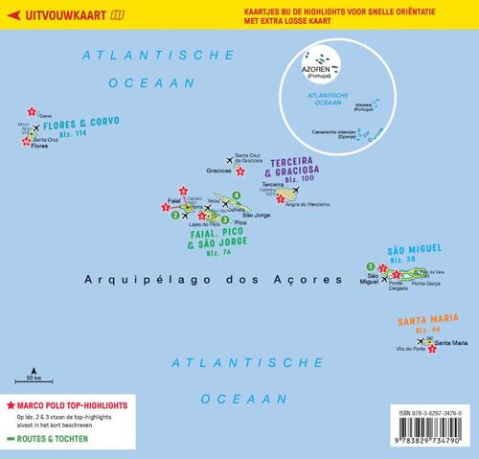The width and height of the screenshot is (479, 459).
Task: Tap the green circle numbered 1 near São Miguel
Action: tap(369, 265)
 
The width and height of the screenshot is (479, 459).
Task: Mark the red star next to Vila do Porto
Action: tap(432, 350)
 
